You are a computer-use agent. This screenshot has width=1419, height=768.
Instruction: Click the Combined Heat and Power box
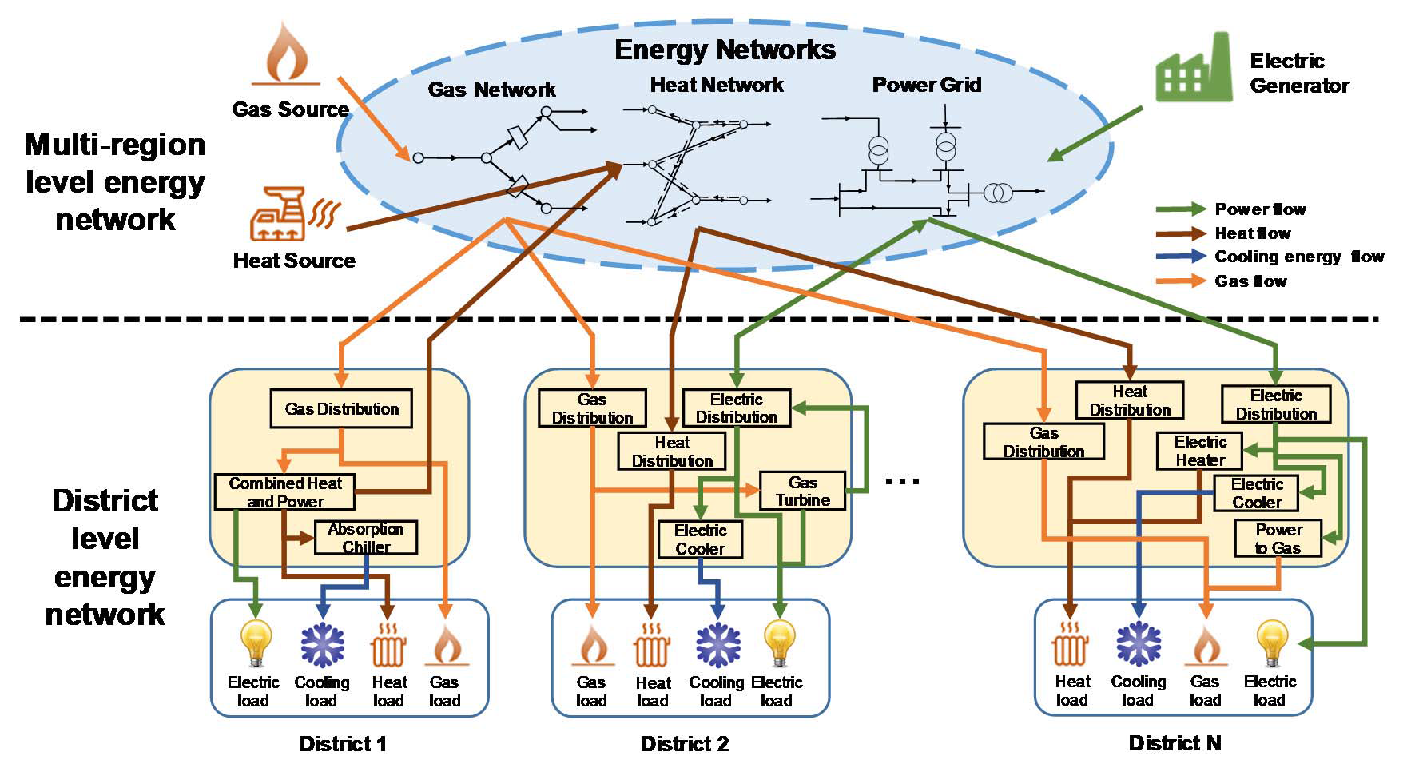click(284, 492)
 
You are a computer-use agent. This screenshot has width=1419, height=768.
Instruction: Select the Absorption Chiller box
click(366, 538)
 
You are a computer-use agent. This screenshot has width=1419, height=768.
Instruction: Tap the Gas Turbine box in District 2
click(802, 491)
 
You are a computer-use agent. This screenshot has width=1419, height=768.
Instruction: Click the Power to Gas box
click(1278, 539)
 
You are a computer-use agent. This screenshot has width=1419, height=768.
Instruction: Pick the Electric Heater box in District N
click(1199, 451)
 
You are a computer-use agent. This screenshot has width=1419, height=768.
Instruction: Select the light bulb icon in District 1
click(256, 643)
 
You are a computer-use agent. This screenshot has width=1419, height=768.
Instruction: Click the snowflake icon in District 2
click(717, 644)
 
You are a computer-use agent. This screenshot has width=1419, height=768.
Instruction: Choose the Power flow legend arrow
click(1181, 209)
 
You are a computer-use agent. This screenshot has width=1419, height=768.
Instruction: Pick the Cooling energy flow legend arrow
click(1181, 257)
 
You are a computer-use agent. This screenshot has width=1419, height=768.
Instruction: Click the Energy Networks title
click(725, 50)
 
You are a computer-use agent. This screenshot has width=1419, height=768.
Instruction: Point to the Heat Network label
click(717, 85)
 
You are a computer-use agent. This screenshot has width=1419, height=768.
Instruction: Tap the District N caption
click(1175, 743)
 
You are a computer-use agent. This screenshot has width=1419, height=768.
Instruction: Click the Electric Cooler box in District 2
click(700, 539)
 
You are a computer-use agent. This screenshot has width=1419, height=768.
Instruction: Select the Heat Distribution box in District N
click(1129, 400)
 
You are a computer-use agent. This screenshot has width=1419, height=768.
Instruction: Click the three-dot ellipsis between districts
click(904, 481)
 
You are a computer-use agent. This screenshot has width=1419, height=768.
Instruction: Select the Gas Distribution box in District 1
click(342, 409)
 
